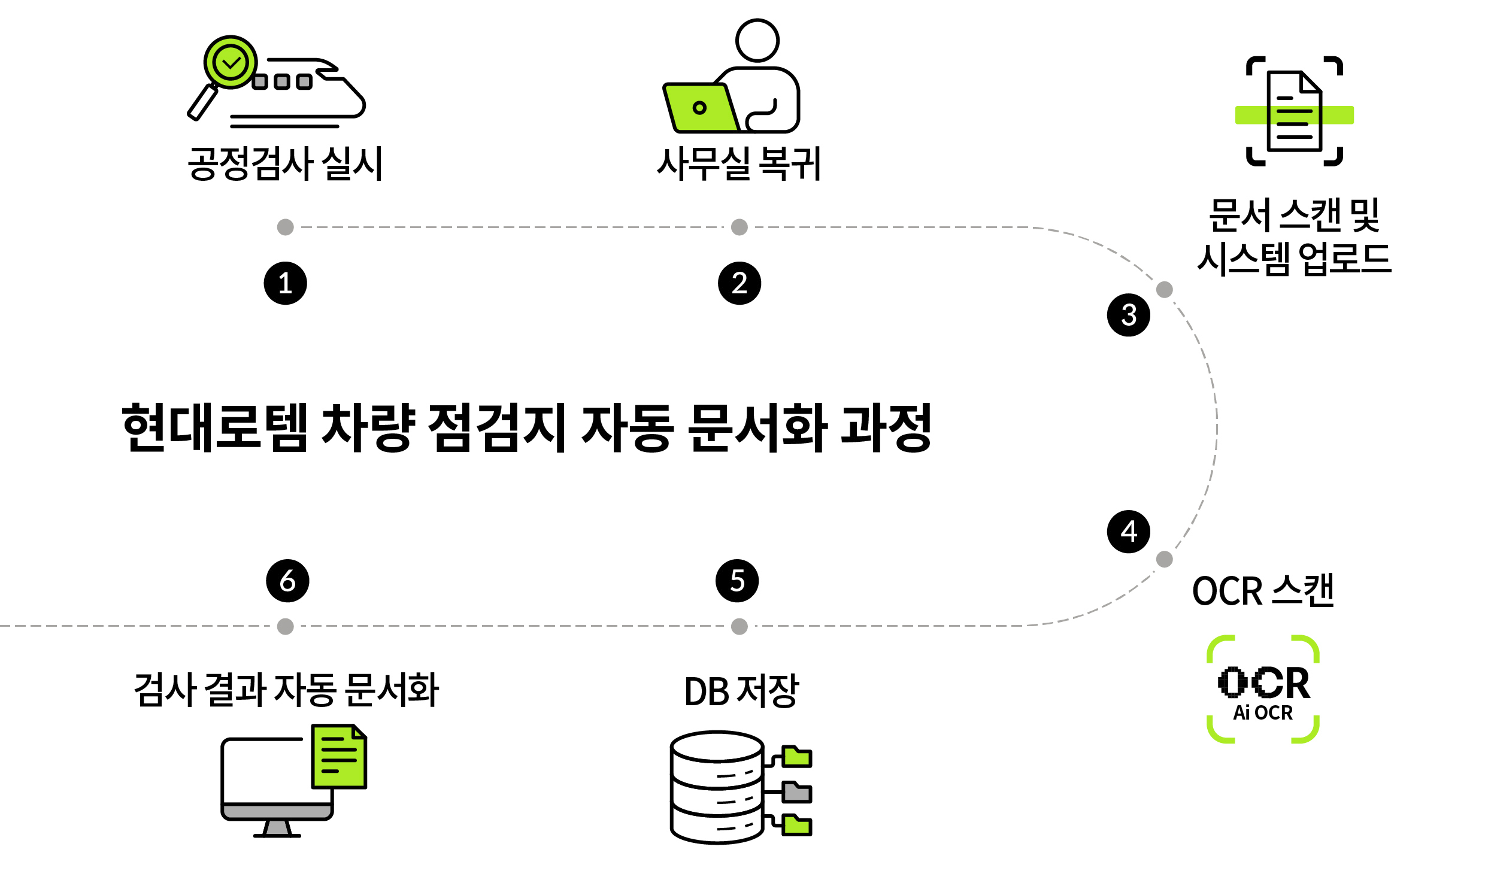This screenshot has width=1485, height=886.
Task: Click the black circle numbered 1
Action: point(285,283)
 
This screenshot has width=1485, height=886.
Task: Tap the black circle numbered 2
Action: point(740,283)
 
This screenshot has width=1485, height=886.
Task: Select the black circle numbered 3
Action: point(1128,315)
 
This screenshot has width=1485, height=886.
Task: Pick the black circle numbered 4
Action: point(1128,532)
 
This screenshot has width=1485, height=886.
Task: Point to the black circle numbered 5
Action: point(737,581)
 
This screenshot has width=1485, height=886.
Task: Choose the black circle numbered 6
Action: point(287,581)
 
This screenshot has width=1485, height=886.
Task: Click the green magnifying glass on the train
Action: point(231,62)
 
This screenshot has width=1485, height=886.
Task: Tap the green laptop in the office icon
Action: point(699,108)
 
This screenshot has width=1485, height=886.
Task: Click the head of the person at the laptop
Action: point(757,40)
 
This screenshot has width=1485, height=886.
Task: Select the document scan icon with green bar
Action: point(1294,111)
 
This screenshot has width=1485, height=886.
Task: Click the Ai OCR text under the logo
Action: point(1263,713)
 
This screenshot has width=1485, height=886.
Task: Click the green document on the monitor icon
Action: point(339,757)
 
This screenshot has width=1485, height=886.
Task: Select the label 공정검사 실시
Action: point(285,163)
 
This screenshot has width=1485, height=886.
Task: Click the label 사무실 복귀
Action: point(739,163)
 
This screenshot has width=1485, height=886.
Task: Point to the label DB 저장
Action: point(741,691)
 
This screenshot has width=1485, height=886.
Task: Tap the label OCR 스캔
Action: point(1263,591)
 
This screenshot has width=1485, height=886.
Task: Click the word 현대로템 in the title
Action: point(214,427)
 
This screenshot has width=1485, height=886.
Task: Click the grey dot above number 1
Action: point(286,227)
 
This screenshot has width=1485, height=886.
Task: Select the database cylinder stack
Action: point(717,787)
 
